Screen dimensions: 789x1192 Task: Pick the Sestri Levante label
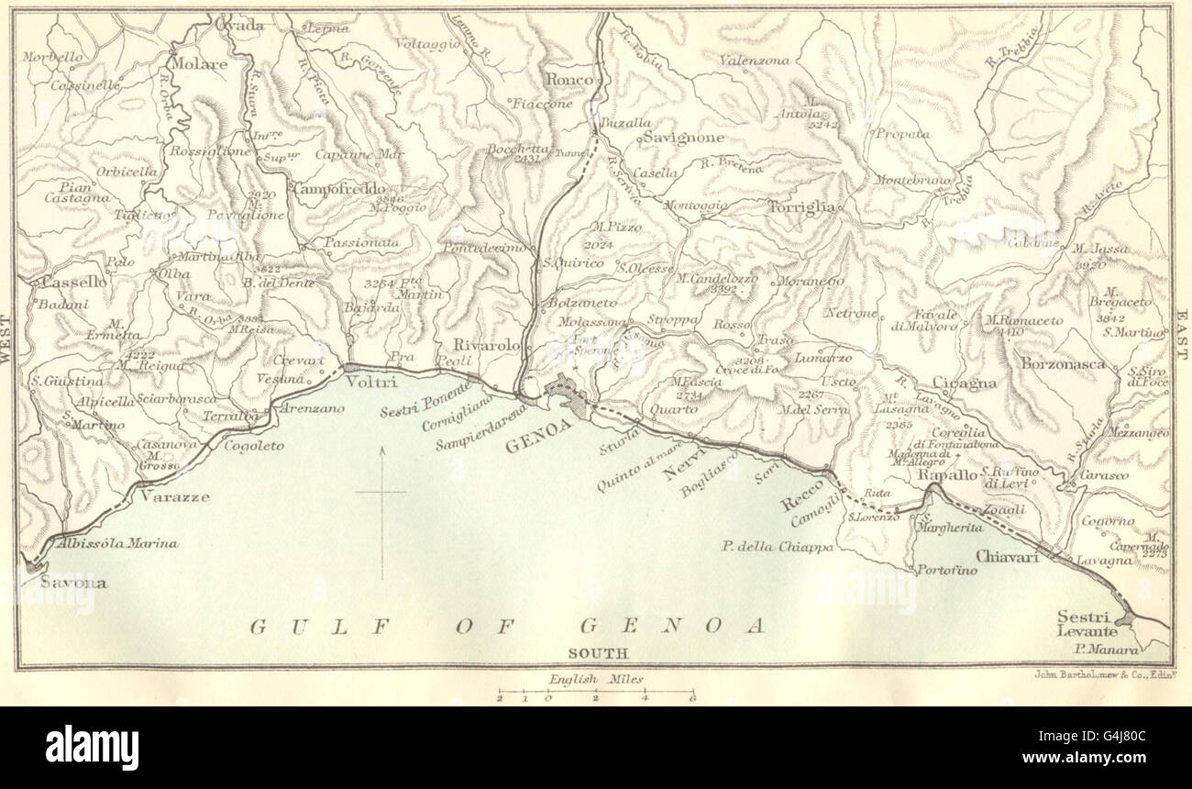1087,624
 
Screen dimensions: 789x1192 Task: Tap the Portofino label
947,570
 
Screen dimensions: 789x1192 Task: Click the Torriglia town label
802,206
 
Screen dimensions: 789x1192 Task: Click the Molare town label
197,64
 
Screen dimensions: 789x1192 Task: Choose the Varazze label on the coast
174,497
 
